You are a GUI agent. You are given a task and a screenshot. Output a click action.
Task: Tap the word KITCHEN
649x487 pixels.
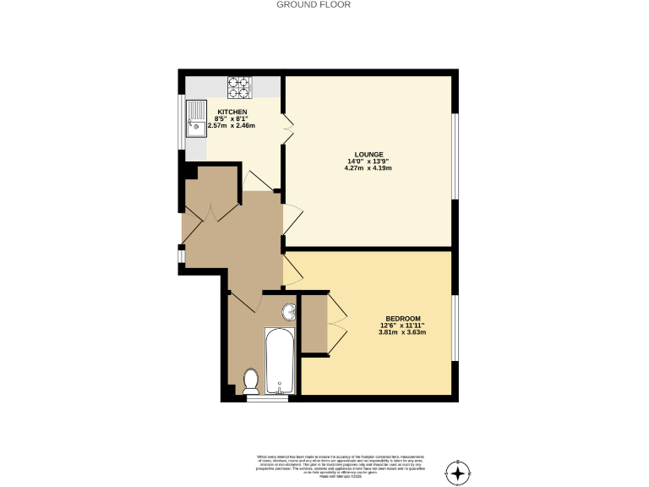232,112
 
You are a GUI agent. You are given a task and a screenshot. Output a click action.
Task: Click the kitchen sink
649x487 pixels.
196,121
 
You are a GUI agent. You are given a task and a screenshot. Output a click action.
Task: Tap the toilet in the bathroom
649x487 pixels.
251,381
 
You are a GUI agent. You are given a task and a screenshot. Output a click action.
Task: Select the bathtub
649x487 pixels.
279,362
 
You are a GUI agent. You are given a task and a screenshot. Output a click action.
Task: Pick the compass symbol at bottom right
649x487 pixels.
459,473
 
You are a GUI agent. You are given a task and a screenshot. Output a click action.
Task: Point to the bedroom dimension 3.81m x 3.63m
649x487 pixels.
402,332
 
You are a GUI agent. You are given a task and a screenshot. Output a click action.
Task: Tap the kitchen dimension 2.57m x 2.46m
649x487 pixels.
232,126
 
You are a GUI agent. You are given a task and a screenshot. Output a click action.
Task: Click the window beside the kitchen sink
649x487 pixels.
180,120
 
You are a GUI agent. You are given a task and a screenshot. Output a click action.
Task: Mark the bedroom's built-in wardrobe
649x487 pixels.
314,324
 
